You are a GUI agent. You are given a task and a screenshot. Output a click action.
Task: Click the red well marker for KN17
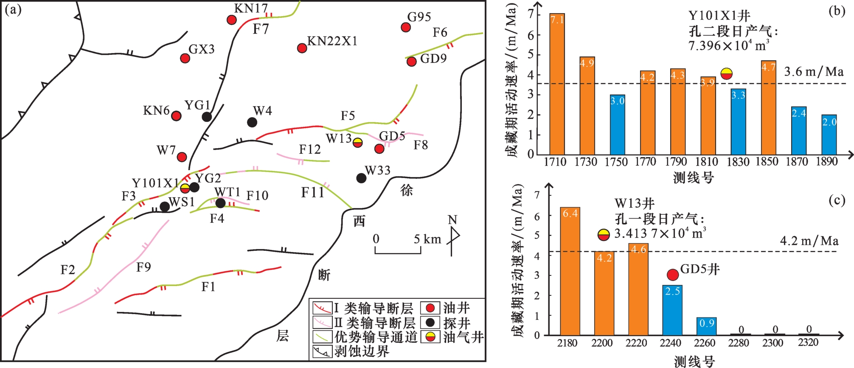coord(231,20)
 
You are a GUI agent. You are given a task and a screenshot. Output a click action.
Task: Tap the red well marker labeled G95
coord(406,27)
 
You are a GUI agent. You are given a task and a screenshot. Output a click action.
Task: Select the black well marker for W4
coord(252,122)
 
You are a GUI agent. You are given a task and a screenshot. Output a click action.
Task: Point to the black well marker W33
coord(361,178)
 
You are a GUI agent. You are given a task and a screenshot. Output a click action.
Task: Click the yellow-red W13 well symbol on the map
coord(358,142)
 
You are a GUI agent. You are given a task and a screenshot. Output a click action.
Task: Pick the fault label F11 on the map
coord(312,193)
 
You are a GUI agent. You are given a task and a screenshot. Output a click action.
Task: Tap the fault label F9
coord(143,267)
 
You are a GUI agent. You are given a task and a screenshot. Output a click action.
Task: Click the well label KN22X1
coord(332,41)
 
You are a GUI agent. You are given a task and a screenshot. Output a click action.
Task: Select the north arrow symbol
coord(453,238)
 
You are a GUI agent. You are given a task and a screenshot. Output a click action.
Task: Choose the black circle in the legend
coord(430,323)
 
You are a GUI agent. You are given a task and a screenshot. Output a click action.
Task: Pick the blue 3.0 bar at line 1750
coord(617,125)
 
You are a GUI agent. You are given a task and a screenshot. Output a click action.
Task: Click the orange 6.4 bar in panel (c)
coord(570,271)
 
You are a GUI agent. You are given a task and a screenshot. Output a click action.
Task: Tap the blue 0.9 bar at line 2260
coord(706,326)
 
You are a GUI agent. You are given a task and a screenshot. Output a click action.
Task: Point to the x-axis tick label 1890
coord(826,162)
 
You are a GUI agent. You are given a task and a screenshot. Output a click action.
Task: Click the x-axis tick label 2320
coord(808,343)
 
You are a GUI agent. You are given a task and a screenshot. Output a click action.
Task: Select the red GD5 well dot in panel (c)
coord(673,275)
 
